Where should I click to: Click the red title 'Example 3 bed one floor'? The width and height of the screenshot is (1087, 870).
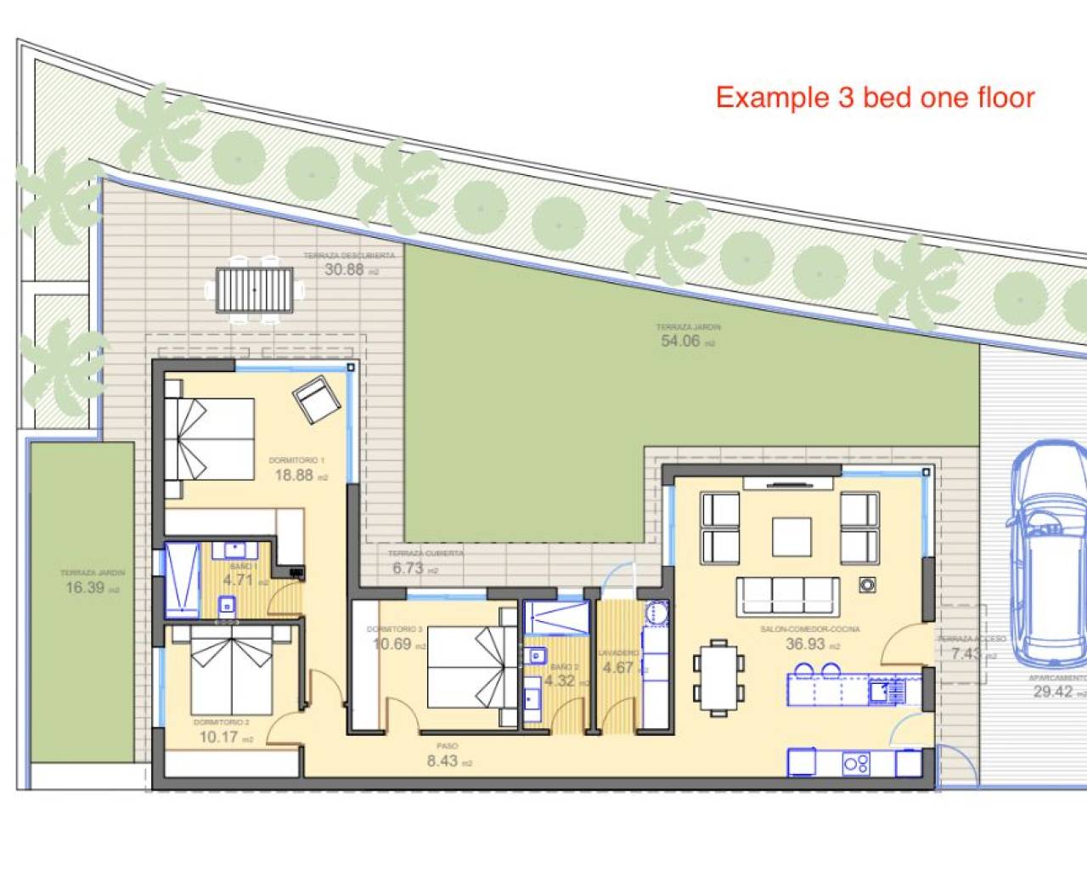[875, 98]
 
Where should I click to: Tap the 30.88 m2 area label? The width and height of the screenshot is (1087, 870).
[345, 269]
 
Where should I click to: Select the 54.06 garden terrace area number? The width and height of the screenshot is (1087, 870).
[681, 341]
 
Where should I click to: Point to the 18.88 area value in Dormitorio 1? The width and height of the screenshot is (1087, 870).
[294, 475]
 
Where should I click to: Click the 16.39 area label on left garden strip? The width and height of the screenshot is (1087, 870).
[85, 587]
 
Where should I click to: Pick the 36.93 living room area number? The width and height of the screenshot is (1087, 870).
[805, 643]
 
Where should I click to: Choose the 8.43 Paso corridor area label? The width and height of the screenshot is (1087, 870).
[442, 760]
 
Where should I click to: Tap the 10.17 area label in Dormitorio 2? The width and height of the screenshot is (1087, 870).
[218, 737]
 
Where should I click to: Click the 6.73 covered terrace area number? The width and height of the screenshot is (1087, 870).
[408, 568]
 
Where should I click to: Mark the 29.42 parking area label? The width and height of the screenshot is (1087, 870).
[1053, 691]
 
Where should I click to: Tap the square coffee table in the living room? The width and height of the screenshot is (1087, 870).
[791, 536]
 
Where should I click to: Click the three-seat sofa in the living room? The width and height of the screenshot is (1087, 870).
[787, 591]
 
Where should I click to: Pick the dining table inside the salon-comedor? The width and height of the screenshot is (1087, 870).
[718, 674]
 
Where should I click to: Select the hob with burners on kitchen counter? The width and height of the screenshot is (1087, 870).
[856, 762]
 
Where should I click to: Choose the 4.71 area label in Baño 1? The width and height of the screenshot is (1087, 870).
[238, 580]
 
